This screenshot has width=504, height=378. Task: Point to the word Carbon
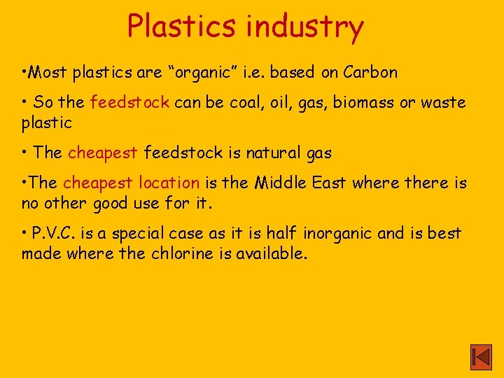pos(370,72)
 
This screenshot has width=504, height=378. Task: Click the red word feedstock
pos(129,102)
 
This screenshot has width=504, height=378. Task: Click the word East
pos(330,183)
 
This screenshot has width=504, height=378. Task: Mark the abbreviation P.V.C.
pos(54,233)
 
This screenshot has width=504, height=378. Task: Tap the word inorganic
pos(341,234)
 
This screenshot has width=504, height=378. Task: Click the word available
pos(271,253)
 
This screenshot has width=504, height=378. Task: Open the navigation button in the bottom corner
pos(481,357)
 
